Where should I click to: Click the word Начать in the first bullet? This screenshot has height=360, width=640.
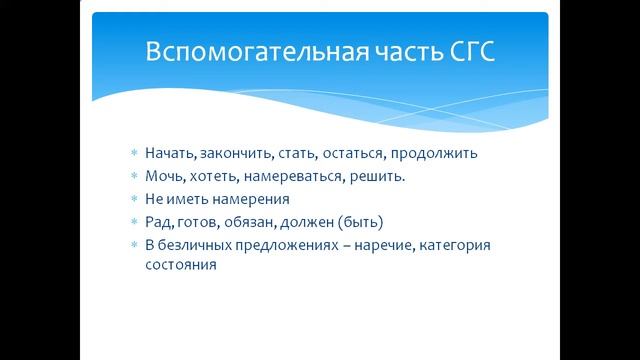click(x=170, y=154)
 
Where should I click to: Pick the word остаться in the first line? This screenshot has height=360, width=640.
click(x=352, y=154)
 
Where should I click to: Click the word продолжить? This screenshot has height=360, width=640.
click(x=435, y=154)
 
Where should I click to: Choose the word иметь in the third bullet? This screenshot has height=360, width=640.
click(x=189, y=199)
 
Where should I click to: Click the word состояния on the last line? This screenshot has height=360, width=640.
click(x=180, y=266)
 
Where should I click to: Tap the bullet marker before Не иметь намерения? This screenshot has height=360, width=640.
click(x=134, y=199)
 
